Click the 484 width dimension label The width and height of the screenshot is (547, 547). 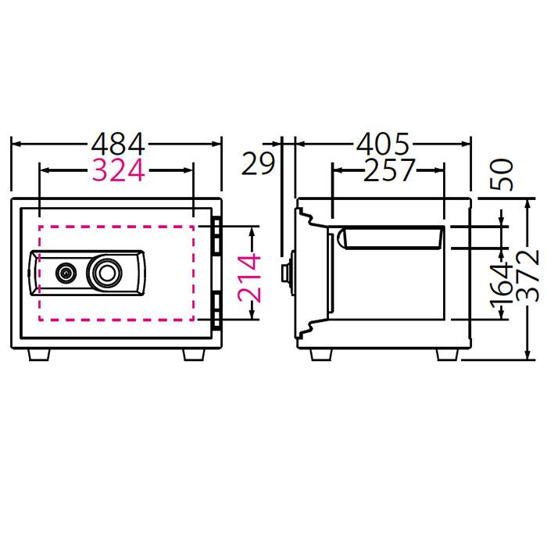[118, 145]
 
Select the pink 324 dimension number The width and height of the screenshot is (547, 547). [118, 170]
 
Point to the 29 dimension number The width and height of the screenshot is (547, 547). [257, 164]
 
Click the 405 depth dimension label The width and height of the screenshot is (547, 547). [383, 145]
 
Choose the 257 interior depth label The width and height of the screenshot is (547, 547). [388, 170]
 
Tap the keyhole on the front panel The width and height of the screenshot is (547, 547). [66, 273]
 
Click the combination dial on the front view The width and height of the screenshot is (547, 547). [105, 272]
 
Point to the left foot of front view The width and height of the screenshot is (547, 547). [38, 355]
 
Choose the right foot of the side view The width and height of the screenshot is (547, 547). [445, 355]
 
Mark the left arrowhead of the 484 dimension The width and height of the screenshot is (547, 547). [16, 145]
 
